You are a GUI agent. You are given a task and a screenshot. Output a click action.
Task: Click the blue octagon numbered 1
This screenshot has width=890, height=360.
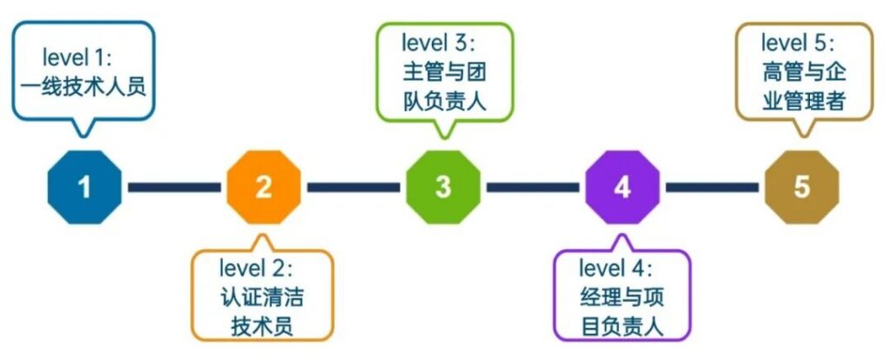point(84,187)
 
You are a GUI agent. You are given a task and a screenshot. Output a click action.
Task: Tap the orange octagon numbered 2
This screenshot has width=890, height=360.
point(264,187)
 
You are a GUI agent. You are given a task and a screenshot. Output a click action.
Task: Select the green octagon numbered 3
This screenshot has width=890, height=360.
point(443,187)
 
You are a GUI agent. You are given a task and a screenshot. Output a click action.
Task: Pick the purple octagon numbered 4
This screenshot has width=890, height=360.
point(622,187)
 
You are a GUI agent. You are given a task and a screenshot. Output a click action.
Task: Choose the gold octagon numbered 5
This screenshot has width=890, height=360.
point(802,187)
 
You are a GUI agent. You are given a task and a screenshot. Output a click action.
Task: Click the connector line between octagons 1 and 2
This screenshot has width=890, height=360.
point(174,187)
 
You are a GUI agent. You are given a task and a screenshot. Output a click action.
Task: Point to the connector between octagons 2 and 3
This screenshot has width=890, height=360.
point(354,187)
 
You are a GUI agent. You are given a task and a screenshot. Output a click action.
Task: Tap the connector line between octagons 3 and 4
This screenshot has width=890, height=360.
point(533,187)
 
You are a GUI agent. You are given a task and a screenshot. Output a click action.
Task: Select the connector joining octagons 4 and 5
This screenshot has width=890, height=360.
point(713,187)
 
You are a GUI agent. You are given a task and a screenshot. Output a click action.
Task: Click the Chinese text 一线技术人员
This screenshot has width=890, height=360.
point(83,88)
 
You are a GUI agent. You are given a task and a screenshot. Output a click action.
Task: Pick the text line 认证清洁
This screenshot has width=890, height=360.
point(262,298)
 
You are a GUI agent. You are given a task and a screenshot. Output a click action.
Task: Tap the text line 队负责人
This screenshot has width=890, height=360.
point(445,103)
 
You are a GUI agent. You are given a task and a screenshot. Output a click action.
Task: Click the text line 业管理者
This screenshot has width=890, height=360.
point(804,103)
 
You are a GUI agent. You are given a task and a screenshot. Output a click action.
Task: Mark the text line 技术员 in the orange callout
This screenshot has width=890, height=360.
point(262,328)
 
